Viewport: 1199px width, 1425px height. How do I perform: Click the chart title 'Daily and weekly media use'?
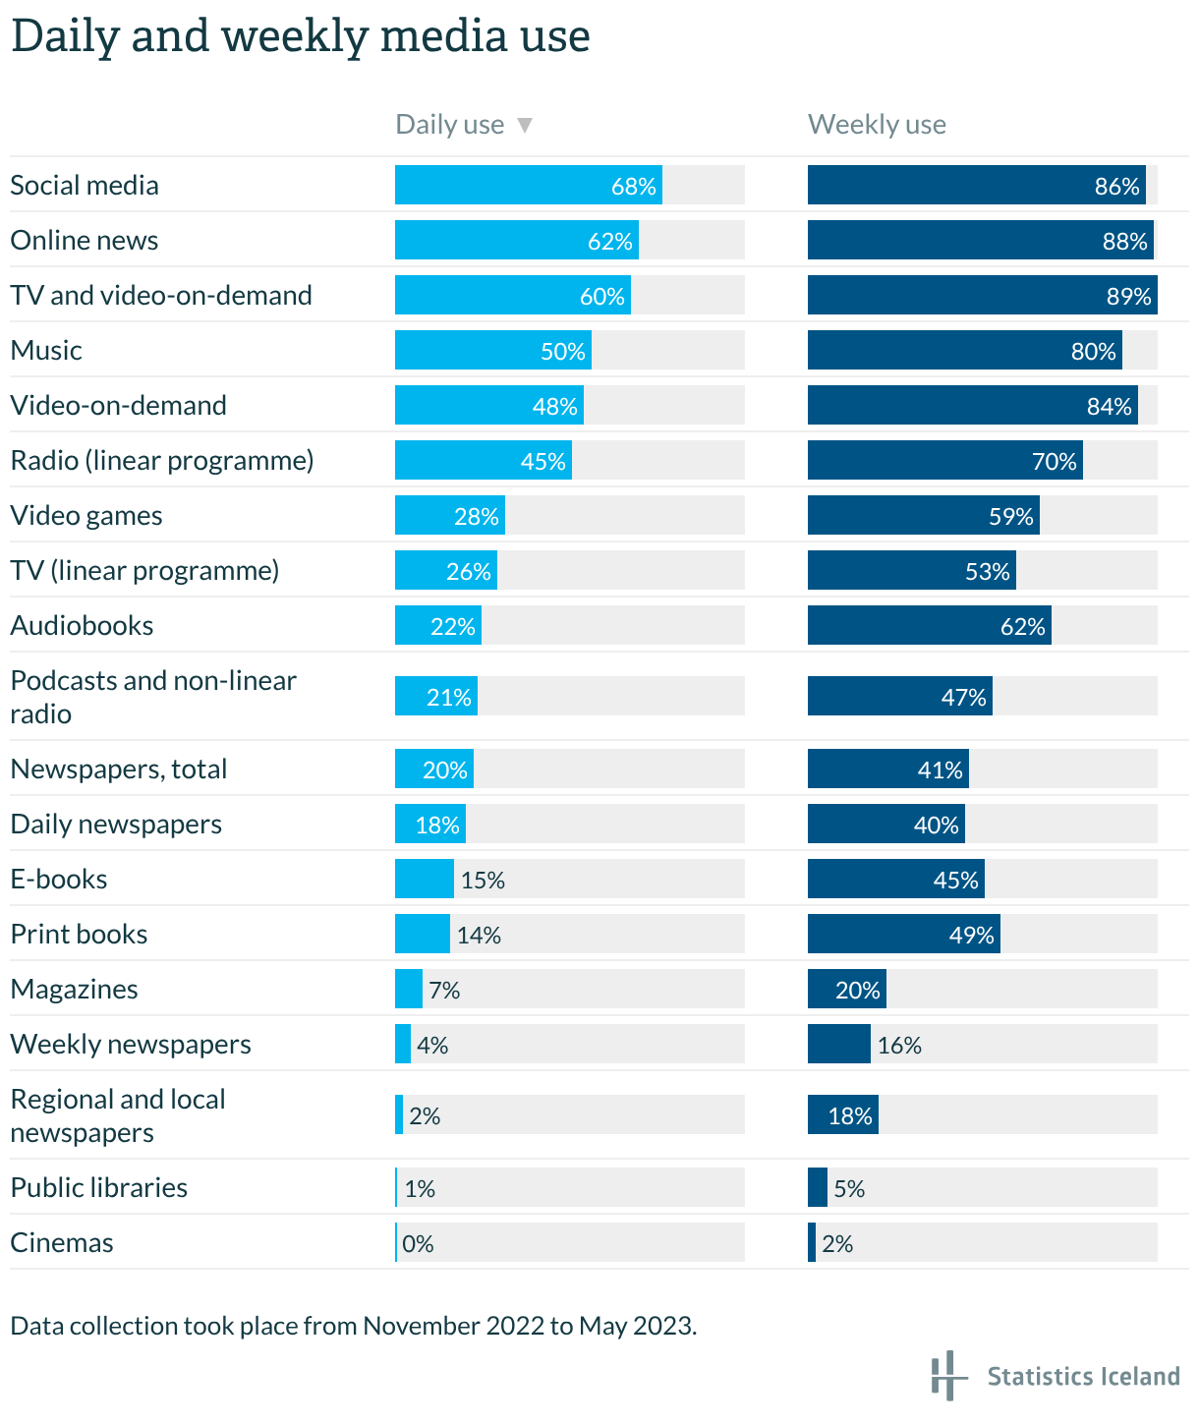[x=300, y=36]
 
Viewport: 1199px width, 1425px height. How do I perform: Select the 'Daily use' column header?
[x=449, y=125]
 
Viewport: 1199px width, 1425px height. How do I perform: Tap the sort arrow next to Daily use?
[x=525, y=125]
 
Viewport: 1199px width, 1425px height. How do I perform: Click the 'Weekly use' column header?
[x=877, y=125]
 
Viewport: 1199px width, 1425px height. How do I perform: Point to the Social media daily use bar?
[x=528, y=186]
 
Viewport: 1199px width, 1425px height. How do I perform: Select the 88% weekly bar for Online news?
[x=980, y=241]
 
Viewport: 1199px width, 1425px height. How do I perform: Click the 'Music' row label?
[x=46, y=351]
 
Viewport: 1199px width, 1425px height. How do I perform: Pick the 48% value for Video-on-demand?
[x=554, y=406]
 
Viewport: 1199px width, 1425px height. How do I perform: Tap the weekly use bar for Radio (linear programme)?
[x=944, y=461]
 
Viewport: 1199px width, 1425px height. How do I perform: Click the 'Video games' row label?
[x=86, y=516]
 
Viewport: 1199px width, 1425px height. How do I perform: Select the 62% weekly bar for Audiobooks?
[x=929, y=626]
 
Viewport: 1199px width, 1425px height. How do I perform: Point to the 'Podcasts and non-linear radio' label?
[x=152, y=697]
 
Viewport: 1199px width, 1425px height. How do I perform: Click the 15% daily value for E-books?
[x=483, y=880]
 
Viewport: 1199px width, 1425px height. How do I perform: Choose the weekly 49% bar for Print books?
[x=903, y=935]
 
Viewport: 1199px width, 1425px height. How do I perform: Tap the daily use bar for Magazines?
[x=409, y=990]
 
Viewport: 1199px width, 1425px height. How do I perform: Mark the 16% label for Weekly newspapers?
[x=899, y=1045]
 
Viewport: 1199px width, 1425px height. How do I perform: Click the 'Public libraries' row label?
[x=98, y=1188]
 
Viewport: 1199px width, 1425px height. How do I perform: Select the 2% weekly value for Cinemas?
[x=837, y=1243]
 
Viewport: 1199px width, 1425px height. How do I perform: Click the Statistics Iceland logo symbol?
[x=944, y=1375]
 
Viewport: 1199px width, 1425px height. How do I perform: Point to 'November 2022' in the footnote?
[x=453, y=1326]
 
